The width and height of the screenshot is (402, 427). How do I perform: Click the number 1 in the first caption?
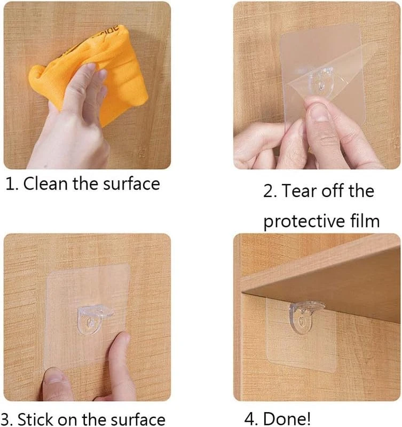[x=10, y=184]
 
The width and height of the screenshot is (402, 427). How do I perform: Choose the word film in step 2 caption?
[x=365, y=221]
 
